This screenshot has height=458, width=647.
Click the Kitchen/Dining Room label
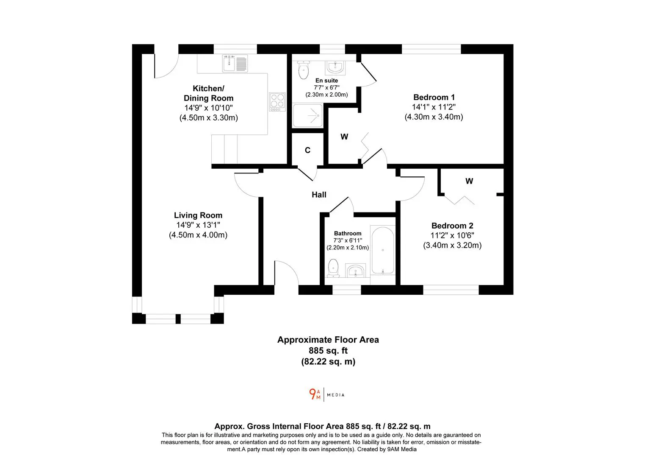[x=208, y=93]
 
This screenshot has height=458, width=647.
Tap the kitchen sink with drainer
[x=235, y=63]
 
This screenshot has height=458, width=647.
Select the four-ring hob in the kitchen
[x=277, y=102]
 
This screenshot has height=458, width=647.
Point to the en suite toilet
[x=303, y=70]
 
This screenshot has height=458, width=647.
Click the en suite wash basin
[x=335, y=67]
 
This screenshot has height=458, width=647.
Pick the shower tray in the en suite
[x=307, y=116]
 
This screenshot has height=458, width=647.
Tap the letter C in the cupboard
[x=307, y=150]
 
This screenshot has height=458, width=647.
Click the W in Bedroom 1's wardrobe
[x=344, y=137]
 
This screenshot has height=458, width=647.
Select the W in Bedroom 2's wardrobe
[x=469, y=181]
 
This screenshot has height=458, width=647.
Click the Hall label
[x=319, y=195]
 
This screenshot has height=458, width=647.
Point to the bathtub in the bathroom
[x=383, y=251]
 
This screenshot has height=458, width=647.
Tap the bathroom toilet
[x=333, y=268]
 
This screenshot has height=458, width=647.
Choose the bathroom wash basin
[x=356, y=270]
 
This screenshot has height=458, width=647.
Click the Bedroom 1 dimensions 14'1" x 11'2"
[x=434, y=107]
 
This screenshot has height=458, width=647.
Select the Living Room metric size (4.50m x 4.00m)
[x=198, y=235]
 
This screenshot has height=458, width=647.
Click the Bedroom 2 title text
[x=452, y=226]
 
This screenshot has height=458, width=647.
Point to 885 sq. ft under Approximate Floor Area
[x=328, y=351]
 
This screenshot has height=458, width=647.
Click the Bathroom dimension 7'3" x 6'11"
[x=348, y=240]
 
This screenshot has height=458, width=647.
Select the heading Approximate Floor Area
[x=328, y=340]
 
